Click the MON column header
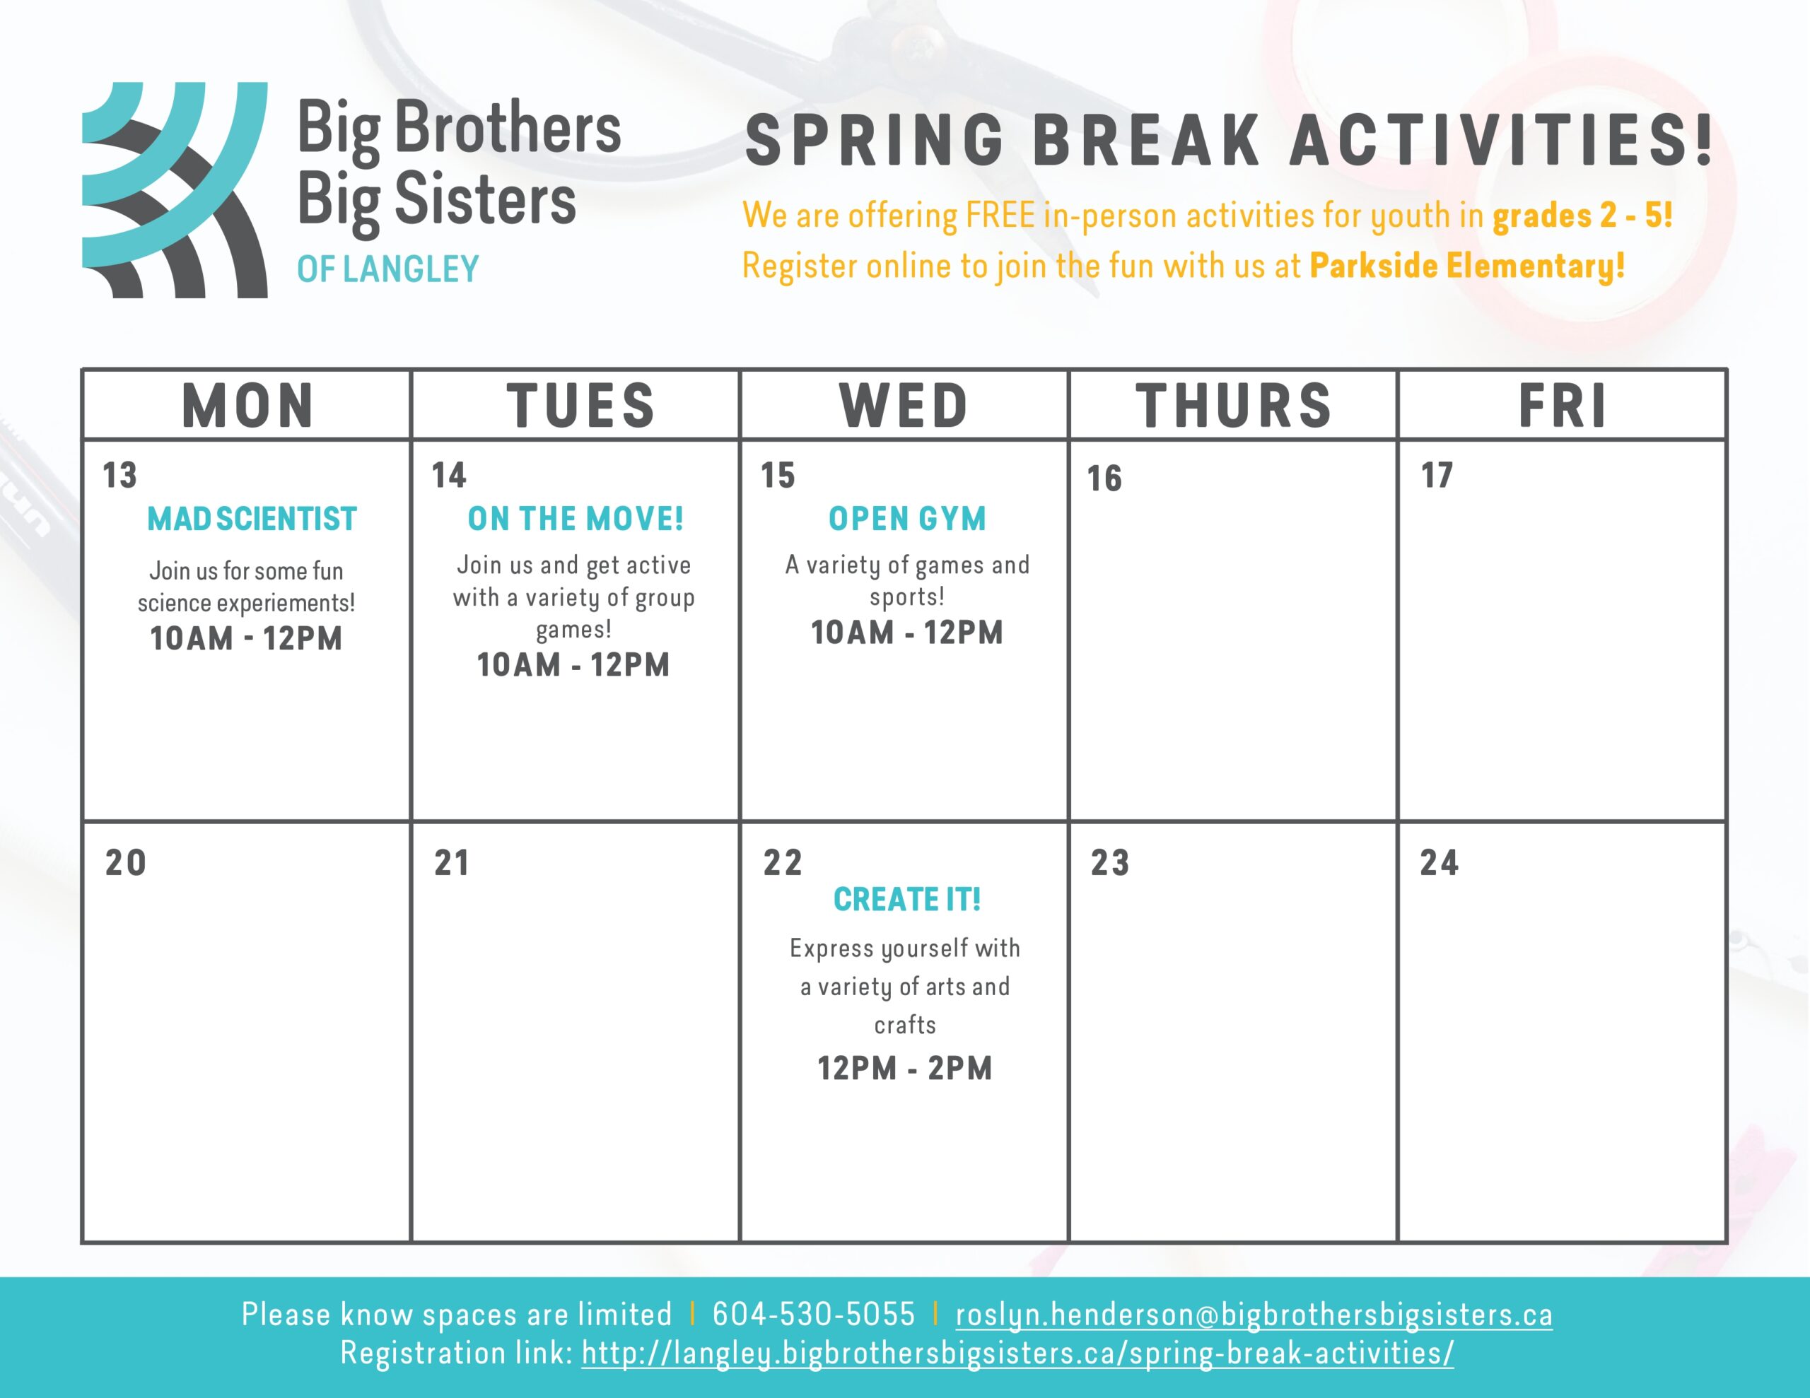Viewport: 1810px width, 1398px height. pyautogui.click(x=247, y=406)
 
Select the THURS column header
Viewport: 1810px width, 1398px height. pyautogui.click(x=1233, y=406)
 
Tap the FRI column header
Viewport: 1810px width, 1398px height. pyautogui.click(x=1563, y=406)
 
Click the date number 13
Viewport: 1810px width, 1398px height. pyautogui.click(x=119, y=476)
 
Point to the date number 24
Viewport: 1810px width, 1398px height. pyautogui.click(x=1439, y=863)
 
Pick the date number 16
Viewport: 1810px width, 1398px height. pyautogui.click(x=1104, y=479)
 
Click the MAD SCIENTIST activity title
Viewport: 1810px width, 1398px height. pyautogui.click(x=252, y=519)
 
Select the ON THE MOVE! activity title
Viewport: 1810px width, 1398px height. pyautogui.click(x=575, y=519)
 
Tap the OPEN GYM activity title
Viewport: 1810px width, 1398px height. pyautogui.click(x=908, y=519)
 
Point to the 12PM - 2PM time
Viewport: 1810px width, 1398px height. pyautogui.click(x=905, y=1068)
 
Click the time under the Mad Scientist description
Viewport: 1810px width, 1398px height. pyautogui.click(x=246, y=638)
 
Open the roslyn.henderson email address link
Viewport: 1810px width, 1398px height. pyautogui.click(x=1254, y=1315)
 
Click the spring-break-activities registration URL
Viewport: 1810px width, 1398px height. pyautogui.click(x=1017, y=1353)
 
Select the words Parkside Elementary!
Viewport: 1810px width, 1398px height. pyautogui.click(x=1467, y=266)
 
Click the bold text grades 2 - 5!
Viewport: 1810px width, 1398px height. pyautogui.click(x=1582, y=216)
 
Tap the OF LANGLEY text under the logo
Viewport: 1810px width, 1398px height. pyautogui.click(x=388, y=269)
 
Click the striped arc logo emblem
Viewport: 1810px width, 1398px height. pyautogui.click(x=175, y=190)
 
